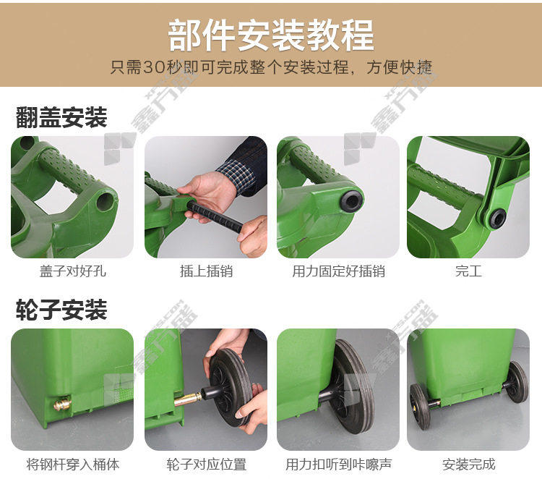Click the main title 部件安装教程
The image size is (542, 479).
[x=271, y=35]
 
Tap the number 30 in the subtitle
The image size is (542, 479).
[x=154, y=67]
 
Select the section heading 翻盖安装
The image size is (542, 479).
[x=61, y=117]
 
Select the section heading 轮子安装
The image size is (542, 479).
[x=61, y=310]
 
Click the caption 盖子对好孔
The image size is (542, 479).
[x=72, y=271]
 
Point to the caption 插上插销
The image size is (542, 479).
[x=206, y=271]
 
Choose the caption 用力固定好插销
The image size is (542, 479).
[x=338, y=271]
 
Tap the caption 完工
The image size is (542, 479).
[x=468, y=271]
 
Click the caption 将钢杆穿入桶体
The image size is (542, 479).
[x=72, y=464]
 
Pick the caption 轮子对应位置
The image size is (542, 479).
[x=207, y=464]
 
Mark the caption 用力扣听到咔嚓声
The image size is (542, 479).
[x=338, y=464]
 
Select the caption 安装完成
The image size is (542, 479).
[x=469, y=464]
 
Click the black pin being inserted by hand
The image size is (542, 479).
[x=215, y=218]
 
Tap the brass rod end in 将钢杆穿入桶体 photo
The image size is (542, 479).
[x=62, y=404]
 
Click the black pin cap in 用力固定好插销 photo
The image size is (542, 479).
[x=351, y=200]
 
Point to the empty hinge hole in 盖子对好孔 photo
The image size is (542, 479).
[x=105, y=200]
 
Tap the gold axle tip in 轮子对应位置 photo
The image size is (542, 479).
[x=187, y=399]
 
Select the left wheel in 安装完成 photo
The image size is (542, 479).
[x=420, y=407]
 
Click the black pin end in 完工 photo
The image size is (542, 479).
[x=498, y=218]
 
